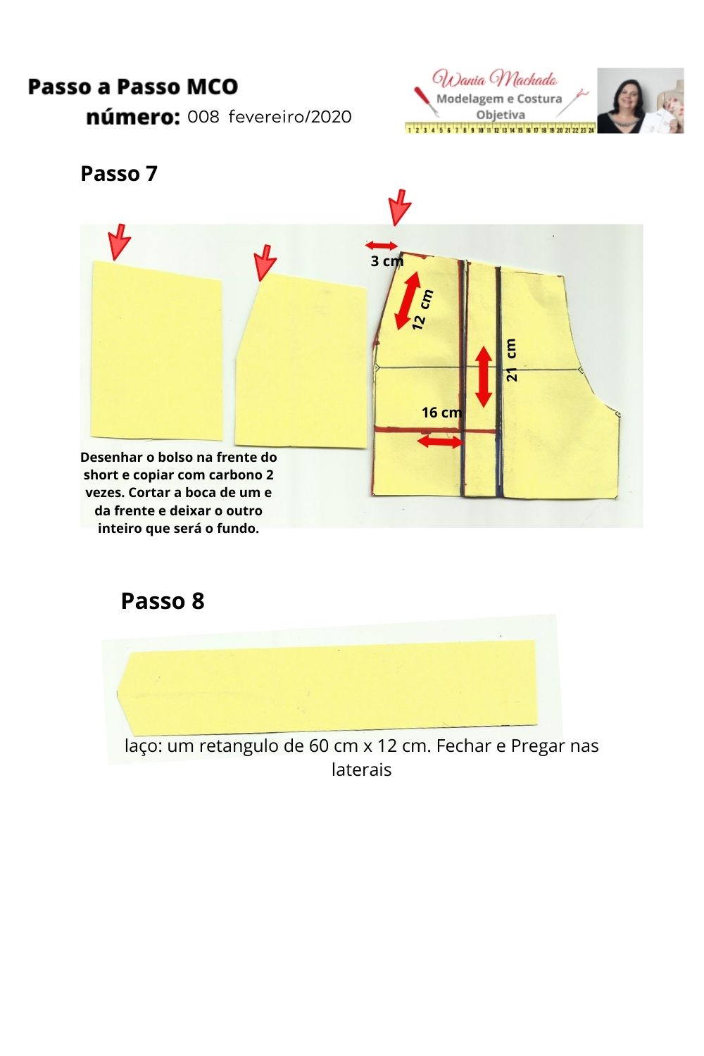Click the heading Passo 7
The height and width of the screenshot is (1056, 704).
[x=119, y=174]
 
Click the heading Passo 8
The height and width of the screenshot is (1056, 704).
[x=163, y=601]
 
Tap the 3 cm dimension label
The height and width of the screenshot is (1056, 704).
[x=386, y=260]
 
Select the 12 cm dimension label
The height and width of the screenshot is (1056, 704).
[x=422, y=310]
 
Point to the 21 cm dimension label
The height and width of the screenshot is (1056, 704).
[x=511, y=360]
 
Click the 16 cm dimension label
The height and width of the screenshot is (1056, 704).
[x=442, y=413]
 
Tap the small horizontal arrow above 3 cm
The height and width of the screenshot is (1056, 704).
[x=382, y=245]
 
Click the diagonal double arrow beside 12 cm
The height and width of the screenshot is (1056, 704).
[x=408, y=301]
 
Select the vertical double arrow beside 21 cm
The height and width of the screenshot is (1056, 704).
[x=484, y=376]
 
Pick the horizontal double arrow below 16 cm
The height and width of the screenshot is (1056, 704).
[x=440, y=441]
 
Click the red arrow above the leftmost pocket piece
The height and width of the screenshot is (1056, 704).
[x=119, y=242]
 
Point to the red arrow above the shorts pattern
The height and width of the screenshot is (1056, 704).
[x=400, y=208]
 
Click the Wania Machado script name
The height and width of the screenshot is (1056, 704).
[x=495, y=79]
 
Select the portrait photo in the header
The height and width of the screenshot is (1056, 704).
[x=641, y=101]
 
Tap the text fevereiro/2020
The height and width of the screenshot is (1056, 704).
[x=290, y=117]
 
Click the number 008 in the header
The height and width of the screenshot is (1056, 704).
[x=203, y=117]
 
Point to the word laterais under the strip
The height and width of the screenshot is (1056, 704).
[x=362, y=769]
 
